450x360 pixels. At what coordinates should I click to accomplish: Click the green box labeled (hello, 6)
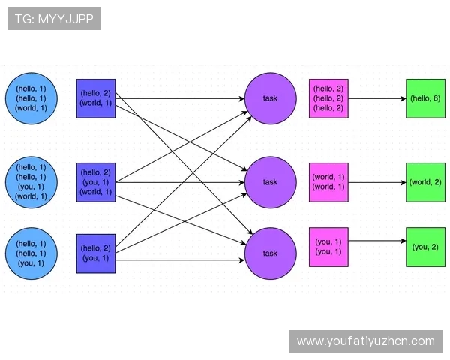click(425, 97)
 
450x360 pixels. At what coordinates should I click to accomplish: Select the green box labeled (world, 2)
click(425, 182)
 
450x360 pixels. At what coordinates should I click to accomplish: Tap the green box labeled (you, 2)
click(425, 247)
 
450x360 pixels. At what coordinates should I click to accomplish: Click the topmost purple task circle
click(270, 98)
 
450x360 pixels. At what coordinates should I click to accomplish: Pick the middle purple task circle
click(270, 182)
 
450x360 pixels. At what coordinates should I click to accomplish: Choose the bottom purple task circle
click(270, 253)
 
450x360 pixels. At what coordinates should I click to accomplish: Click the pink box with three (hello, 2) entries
click(328, 97)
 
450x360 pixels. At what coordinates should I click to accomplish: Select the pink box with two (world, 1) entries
click(328, 182)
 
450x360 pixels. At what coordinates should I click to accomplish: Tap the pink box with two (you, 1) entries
click(328, 247)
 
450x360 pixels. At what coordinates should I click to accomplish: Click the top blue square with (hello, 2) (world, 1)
click(95, 97)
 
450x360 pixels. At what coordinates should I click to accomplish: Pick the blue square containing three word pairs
click(95, 182)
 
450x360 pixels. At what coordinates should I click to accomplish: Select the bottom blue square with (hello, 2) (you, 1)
click(95, 253)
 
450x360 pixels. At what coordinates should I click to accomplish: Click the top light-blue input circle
click(31, 97)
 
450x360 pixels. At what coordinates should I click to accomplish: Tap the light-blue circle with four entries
click(31, 182)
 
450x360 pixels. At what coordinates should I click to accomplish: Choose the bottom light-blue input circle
click(31, 253)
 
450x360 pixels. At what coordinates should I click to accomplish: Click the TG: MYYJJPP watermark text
click(54, 19)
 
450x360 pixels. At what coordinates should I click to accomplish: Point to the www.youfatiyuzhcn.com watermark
click(366, 341)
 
